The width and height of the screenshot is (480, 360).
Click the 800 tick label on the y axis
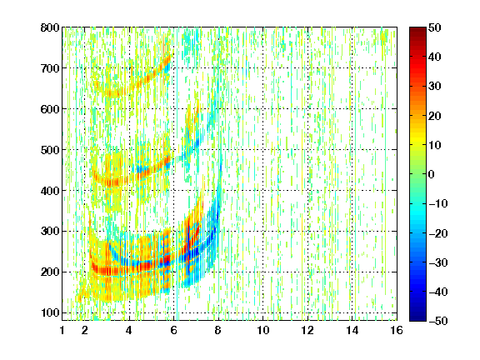click(50, 27)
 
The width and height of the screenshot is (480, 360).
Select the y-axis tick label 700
click(50, 68)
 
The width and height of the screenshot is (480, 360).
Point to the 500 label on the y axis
click(50, 150)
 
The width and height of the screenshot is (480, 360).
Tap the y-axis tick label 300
click(50, 231)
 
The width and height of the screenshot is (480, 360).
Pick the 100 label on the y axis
click(50, 312)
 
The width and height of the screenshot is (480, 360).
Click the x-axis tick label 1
click(62, 330)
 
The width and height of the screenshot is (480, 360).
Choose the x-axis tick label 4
click(129, 330)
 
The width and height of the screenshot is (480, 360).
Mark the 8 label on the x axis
click(218, 330)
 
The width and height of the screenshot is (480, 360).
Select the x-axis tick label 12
click(307, 330)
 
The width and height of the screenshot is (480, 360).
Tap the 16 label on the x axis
click(397, 330)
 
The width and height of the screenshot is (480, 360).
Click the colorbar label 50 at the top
click(435, 27)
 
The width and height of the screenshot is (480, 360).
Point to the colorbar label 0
click(432, 174)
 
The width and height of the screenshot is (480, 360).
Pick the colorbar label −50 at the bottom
click(438, 321)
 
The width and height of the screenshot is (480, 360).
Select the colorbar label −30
click(438, 262)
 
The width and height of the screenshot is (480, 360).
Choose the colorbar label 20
click(435, 116)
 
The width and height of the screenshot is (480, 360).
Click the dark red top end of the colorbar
click(417, 28)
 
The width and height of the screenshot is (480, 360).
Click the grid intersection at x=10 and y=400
click(262, 190)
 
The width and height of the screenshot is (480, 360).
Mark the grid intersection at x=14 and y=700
click(352, 68)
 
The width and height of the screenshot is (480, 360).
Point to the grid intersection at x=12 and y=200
click(307, 272)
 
